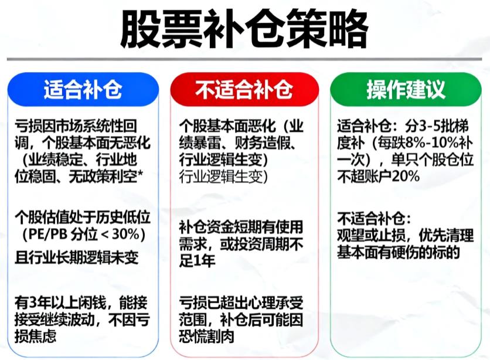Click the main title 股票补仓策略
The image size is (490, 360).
(244, 28)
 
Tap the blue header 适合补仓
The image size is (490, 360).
(83, 90)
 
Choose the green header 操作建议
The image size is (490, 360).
(406, 90)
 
